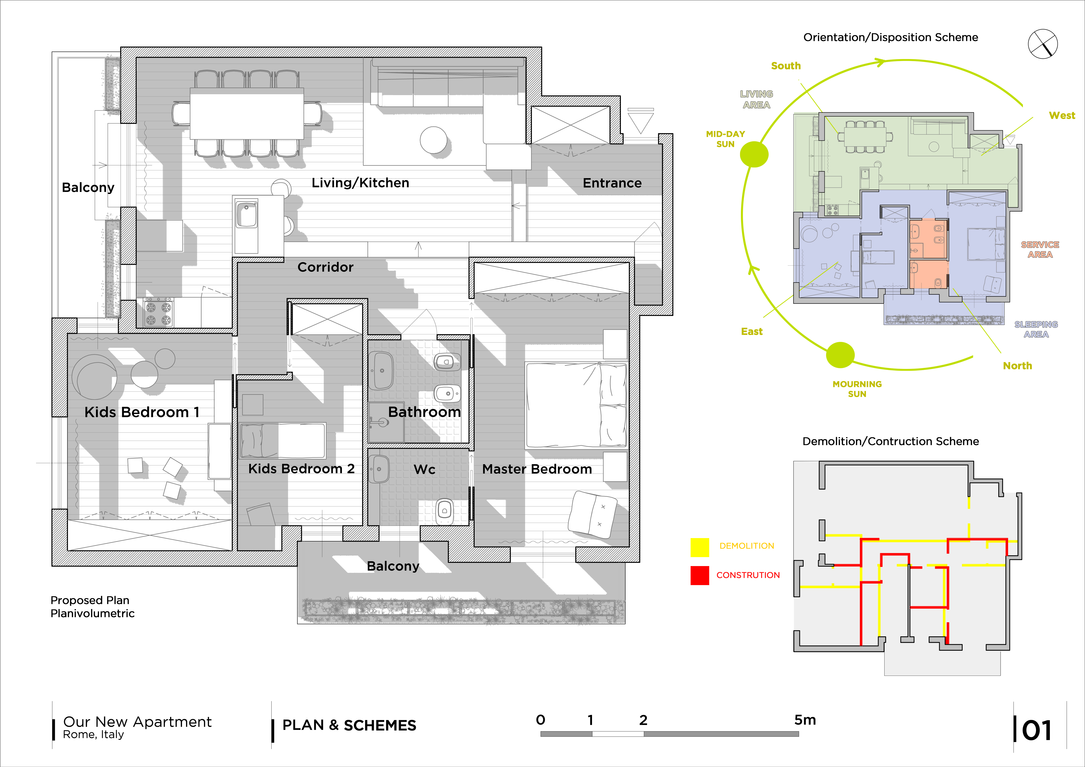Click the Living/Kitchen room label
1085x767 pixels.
click(360, 183)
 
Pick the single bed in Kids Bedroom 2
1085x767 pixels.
click(283, 440)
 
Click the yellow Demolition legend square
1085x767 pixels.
click(699, 547)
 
